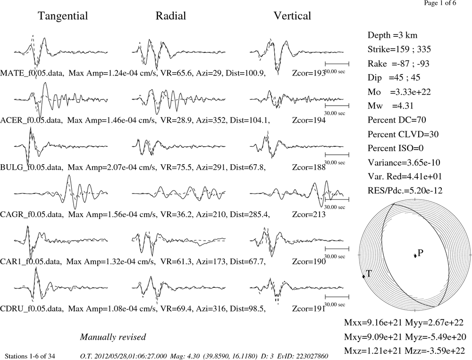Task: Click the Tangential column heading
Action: pos(63,16)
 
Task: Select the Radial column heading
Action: pos(171,16)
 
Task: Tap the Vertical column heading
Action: pos(292,16)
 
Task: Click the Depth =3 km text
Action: pos(392,35)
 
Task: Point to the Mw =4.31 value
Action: pos(390,106)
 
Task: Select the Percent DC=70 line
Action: pos(397,120)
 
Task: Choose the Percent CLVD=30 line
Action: pos(403,134)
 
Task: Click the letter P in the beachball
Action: pos(421,253)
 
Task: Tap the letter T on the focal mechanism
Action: pos(369,273)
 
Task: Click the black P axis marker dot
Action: pos(415,256)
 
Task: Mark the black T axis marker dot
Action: pos(363,276)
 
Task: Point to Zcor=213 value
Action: pos(309,214)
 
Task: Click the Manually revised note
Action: pos(113,337)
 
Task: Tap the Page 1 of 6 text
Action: pos(440,3)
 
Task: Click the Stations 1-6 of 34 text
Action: pos(30,356)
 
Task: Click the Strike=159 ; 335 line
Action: pos(399,49)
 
